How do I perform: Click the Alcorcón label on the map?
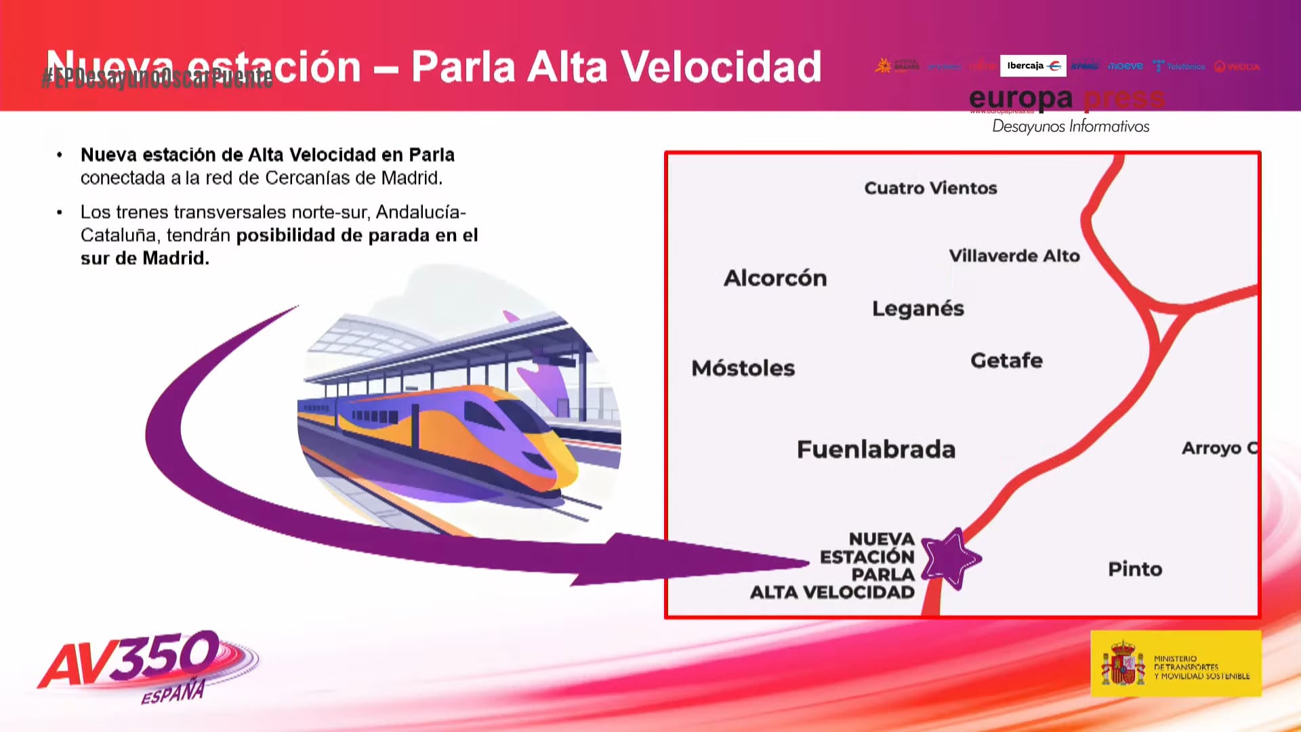(775, 278)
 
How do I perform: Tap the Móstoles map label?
(743, 368)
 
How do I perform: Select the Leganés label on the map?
(917, 308)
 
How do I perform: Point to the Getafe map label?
(1006, 361)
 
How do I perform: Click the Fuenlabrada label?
(875, 449)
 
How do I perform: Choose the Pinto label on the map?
(1135, 569)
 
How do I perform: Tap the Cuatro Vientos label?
(930, 188)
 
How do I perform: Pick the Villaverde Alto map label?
(1014, 256)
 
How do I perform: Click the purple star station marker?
(950, 558)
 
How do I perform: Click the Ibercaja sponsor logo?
(1033, 66)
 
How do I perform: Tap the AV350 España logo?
(146, 664)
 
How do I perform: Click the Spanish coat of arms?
(1123, 664)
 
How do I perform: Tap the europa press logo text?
(1066, 99)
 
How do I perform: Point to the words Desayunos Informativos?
(1071, 126)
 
